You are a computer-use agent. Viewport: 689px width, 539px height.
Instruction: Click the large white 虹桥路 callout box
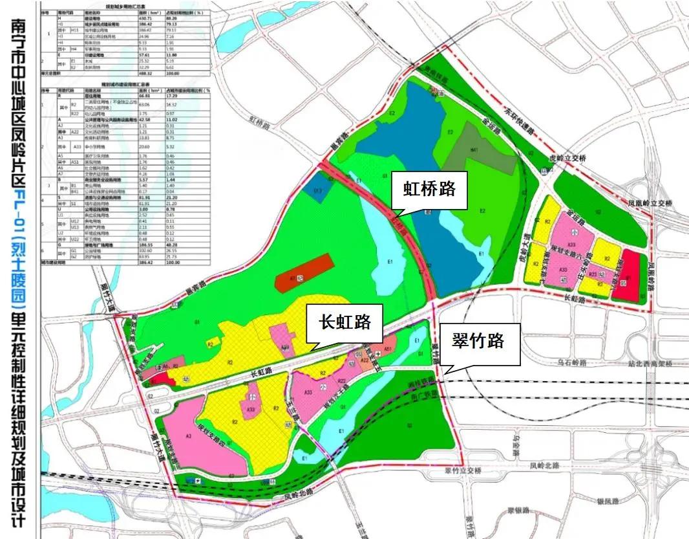click(x=430, y=189)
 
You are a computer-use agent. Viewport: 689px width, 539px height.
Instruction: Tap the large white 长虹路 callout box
click(x=343, y=322)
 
